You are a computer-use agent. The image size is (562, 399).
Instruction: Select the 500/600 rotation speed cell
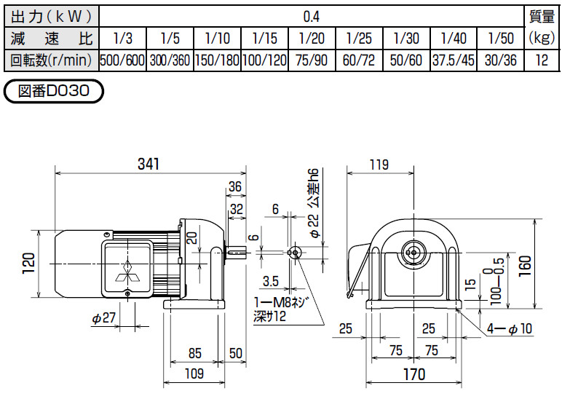pos(122,60)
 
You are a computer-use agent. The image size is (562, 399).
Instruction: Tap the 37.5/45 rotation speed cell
pos(454,60)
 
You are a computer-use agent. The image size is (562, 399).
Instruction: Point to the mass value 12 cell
pos(541,60)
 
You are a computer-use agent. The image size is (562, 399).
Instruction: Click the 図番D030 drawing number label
pos(54,92)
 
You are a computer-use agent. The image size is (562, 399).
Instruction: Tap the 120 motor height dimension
pos(28,263)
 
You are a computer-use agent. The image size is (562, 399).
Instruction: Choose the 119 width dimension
pos(379,165)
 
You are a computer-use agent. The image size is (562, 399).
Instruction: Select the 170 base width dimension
pos(413,375)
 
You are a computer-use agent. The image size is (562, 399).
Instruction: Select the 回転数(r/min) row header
pos(49,60)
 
